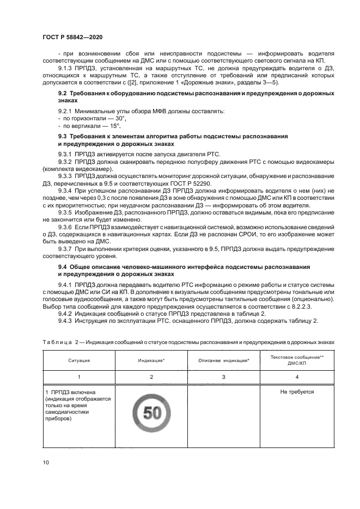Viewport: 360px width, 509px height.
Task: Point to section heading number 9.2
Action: pos(63,94)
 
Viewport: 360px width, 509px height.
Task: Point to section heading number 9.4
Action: pos(63,267)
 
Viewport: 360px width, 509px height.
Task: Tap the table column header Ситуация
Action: pos(79,360)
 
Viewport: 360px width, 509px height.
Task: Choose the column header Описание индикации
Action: pos(224,360)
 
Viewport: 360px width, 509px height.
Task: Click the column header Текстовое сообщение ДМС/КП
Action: pos(297,360)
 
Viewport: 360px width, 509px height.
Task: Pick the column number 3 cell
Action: pos(224,376)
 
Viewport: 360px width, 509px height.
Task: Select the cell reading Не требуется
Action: pos(297,392)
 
